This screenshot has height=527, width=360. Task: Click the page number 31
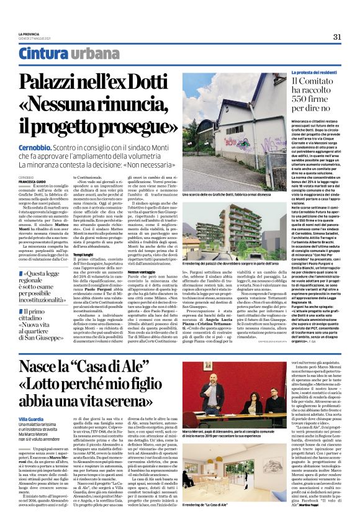tap(338, 37)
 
